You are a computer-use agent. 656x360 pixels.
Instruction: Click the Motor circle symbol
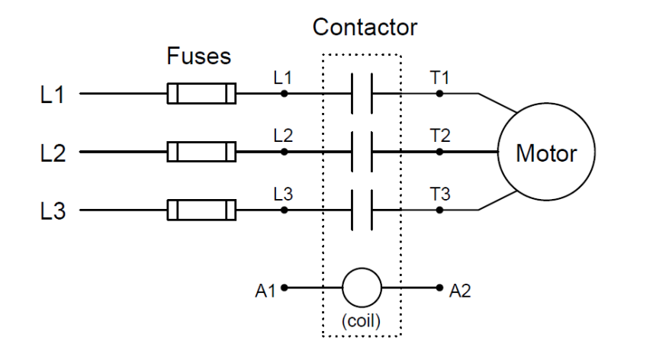pos(546,153)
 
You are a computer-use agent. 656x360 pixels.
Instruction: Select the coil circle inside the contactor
pos(361,288)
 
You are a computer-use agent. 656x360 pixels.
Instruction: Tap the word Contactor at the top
pos(365,28)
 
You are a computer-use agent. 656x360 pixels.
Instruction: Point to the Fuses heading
pos(198,57)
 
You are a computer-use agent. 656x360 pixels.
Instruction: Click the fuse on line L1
pos(201,94)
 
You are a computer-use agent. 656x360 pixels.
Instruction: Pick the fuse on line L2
pos(201,152)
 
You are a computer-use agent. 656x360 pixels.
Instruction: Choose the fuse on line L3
pos(201,209)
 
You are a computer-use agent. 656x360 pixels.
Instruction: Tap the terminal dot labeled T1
pos(439,94)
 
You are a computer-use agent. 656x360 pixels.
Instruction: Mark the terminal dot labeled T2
pos(439,152)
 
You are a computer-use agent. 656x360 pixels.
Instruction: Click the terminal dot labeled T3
pos(439,209)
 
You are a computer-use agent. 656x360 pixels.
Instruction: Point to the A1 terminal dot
pos(285,288)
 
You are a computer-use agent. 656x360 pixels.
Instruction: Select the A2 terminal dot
pos(439,288)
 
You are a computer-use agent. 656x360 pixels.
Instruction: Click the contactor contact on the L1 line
pos(361,94)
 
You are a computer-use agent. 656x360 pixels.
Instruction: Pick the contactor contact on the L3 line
pos(361,209)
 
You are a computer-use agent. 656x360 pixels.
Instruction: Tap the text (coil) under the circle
pos(361,320)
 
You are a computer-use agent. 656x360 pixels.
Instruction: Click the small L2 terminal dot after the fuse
pos(285,152)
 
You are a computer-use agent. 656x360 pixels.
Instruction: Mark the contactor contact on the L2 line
pos(361,152)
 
